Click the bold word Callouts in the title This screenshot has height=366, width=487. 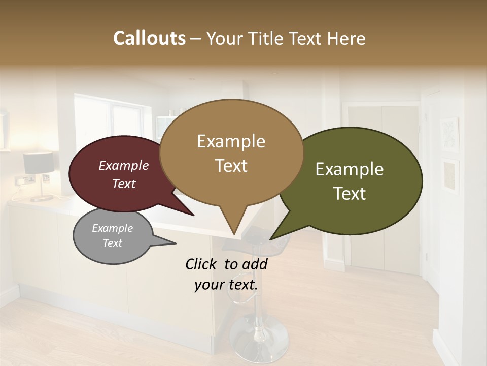click(x=149, y=38)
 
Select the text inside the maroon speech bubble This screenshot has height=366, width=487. click(x=123, y=174)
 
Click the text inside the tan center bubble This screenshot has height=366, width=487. click(x=231, y=153)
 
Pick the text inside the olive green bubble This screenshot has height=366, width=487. click(x=350, y=181)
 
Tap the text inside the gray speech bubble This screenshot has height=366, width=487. click(x=112, y=235)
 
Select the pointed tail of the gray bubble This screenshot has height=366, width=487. click(x=170, y=243)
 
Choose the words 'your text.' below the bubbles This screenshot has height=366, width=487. click(x=226, y=285)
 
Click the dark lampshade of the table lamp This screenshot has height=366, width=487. click(x=38, y=163)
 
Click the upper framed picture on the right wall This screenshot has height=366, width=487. click(x=449, y=134)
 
